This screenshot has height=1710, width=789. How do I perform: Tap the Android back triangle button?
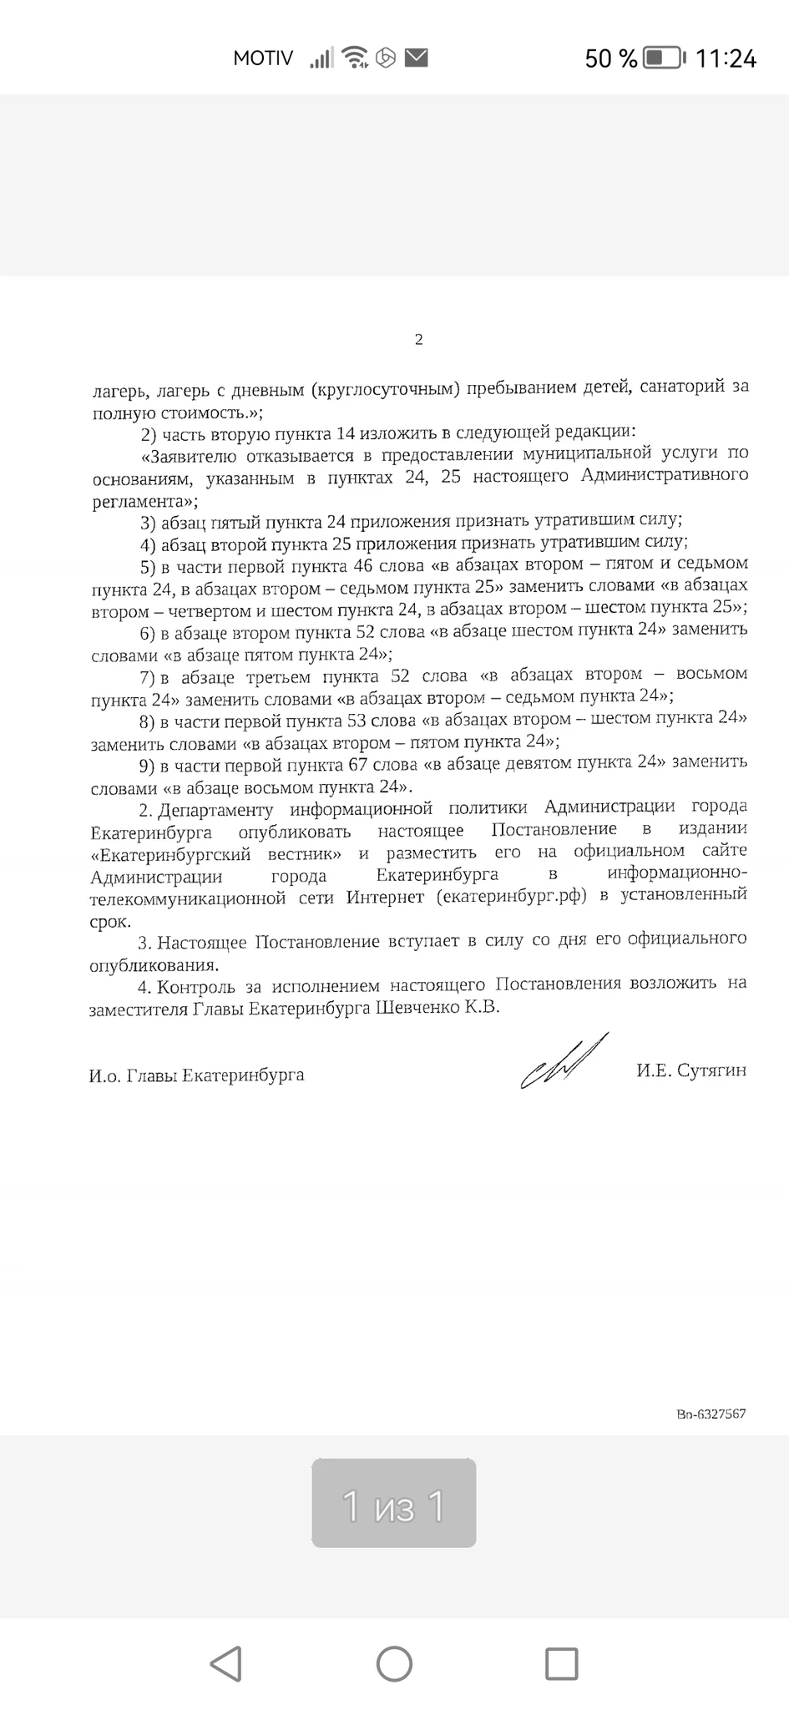pyautogui.click(x=226, y=1662)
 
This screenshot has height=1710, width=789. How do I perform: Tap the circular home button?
pyautogui.click(x=394, y=1662)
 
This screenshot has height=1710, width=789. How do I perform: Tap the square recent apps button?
pyautogui.click(x=561, y=1662)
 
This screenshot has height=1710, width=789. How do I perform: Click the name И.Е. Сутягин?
pyautogui.click(x=690, y=1070)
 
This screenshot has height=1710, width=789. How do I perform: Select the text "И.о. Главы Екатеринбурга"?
pyautogui.click(x=196, y=1075)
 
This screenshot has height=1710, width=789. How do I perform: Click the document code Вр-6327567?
pyautogui.click(x=711, y=1414)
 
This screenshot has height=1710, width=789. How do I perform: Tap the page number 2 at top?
pyautogui.click(x=418, y=339)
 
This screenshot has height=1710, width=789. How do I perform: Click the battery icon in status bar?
pyautogui.click(x=665, y=58)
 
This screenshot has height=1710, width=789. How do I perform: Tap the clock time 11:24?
pyautogui.click(x=726, y=58)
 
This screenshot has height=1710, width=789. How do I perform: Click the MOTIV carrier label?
pyautogui.click(x=263, y=58)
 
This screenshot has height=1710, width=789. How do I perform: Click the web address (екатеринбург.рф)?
pyautogui.click(x=511, y=896)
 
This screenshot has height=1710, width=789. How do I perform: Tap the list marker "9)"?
pyautogui.click(x=148, y=766)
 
